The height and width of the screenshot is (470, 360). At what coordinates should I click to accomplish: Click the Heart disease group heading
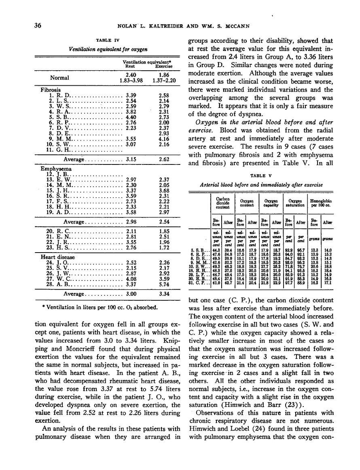[x=57, y=256]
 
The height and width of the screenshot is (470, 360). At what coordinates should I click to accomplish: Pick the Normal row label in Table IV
[x=59, y=78]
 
